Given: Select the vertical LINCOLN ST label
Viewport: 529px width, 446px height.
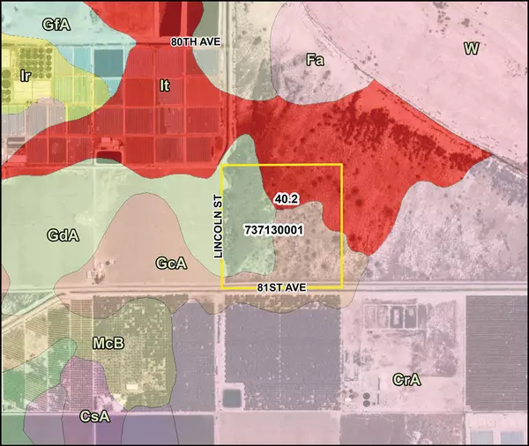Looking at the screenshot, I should tap(221, 227).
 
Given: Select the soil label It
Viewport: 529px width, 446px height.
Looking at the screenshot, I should tap(164, 85).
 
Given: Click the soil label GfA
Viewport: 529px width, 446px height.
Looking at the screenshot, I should tap(56, 26).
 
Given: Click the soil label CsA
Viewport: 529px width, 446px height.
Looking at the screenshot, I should tap(94, 415).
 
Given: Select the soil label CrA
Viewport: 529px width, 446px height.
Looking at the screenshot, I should tap(407, 380).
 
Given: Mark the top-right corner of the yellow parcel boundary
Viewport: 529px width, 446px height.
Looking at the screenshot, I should tap(341, 165).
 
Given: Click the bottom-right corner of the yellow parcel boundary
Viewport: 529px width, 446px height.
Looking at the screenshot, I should tap(341, 287).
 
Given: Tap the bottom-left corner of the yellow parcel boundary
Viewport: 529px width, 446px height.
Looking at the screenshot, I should tap(221, 287).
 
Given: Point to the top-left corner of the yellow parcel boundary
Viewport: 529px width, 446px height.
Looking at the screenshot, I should tap(221, 165).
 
